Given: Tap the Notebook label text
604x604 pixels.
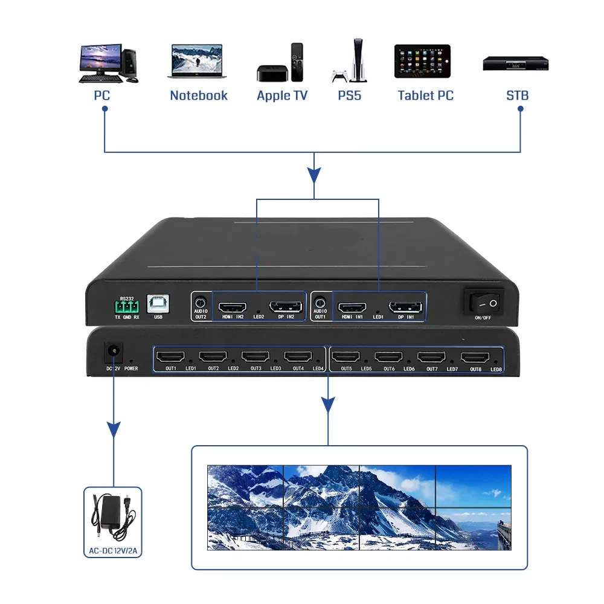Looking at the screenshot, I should pos(199,95).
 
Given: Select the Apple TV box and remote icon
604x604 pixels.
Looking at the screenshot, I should pos(280,63).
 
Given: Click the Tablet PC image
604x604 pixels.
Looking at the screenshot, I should pos(422,61).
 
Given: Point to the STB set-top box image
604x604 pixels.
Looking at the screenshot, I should pos(515,63).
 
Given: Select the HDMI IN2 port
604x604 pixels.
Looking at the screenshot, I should pos(232,307).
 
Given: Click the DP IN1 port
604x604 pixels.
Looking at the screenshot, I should pos(405,307).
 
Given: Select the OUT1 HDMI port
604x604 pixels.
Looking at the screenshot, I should pos(170,357).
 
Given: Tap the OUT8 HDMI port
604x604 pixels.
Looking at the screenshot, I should pos(475,358).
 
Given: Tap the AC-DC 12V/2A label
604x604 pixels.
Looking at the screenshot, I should pos(112,551).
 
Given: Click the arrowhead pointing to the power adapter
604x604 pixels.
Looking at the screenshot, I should pos(113,430).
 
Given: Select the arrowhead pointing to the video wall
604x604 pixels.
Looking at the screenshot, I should pos(328,403).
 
